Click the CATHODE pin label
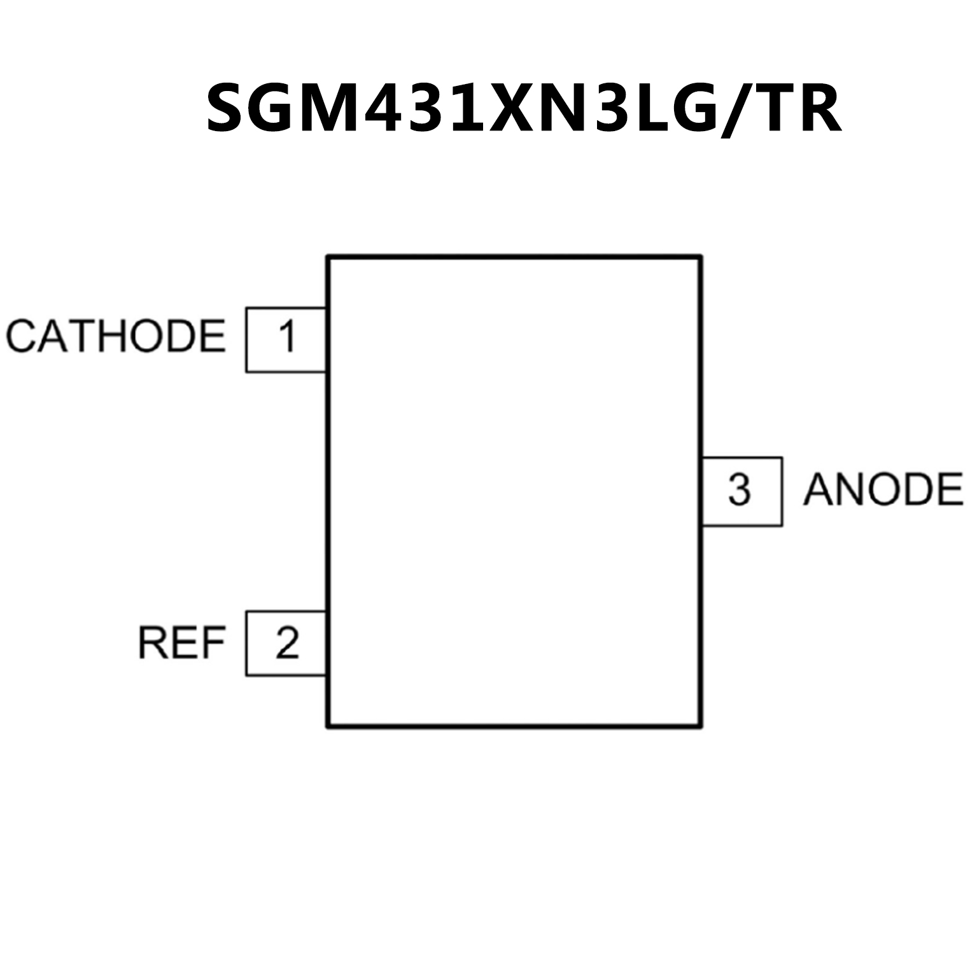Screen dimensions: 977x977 (x=116, y=336)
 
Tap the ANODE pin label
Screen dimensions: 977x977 (x=883, y=490)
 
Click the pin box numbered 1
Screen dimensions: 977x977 (x=286, y=339)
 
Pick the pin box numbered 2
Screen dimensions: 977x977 (x=286, y=643)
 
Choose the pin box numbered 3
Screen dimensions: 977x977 (x=742, y=491)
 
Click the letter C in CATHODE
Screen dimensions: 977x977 (x=20, y=336)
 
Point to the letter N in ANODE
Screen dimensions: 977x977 (x=848, y=490)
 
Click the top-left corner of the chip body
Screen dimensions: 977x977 (x=327, y=257)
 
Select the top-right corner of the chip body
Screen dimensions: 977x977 (x=701, y=257)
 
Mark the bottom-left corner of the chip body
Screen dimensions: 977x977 (x=327, y=726)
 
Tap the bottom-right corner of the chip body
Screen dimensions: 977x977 (x=701, y=726)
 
